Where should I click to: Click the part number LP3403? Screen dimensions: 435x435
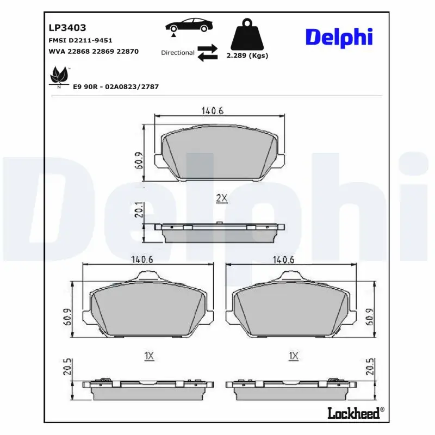point(68,27)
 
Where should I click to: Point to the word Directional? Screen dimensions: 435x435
point(178,53)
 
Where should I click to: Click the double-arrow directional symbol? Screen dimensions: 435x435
point(208,53)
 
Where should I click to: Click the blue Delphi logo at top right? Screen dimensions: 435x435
point(339,37)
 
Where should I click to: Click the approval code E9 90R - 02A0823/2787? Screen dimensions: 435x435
point(115,86)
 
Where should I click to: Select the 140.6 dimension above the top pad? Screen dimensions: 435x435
point(213,111)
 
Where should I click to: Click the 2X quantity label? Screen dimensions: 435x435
point(221,198)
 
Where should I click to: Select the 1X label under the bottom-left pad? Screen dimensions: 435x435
point(150,356)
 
